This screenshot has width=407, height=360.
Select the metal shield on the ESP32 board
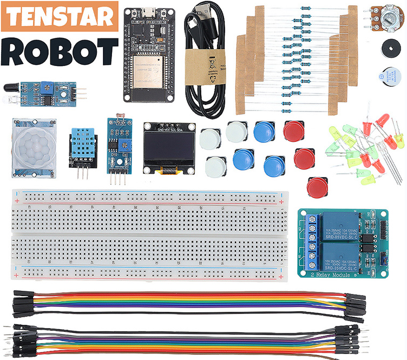click(147, 67)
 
